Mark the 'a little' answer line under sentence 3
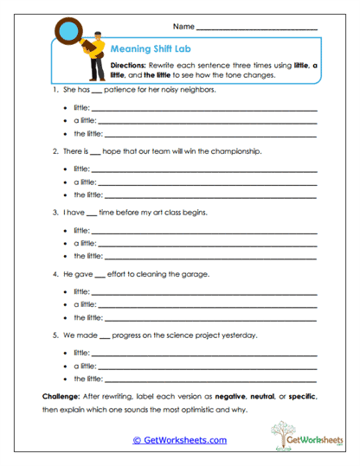[x=209, y=244]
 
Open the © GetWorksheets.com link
[x=179, y=440]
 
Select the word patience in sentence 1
[x=118, y=90]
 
